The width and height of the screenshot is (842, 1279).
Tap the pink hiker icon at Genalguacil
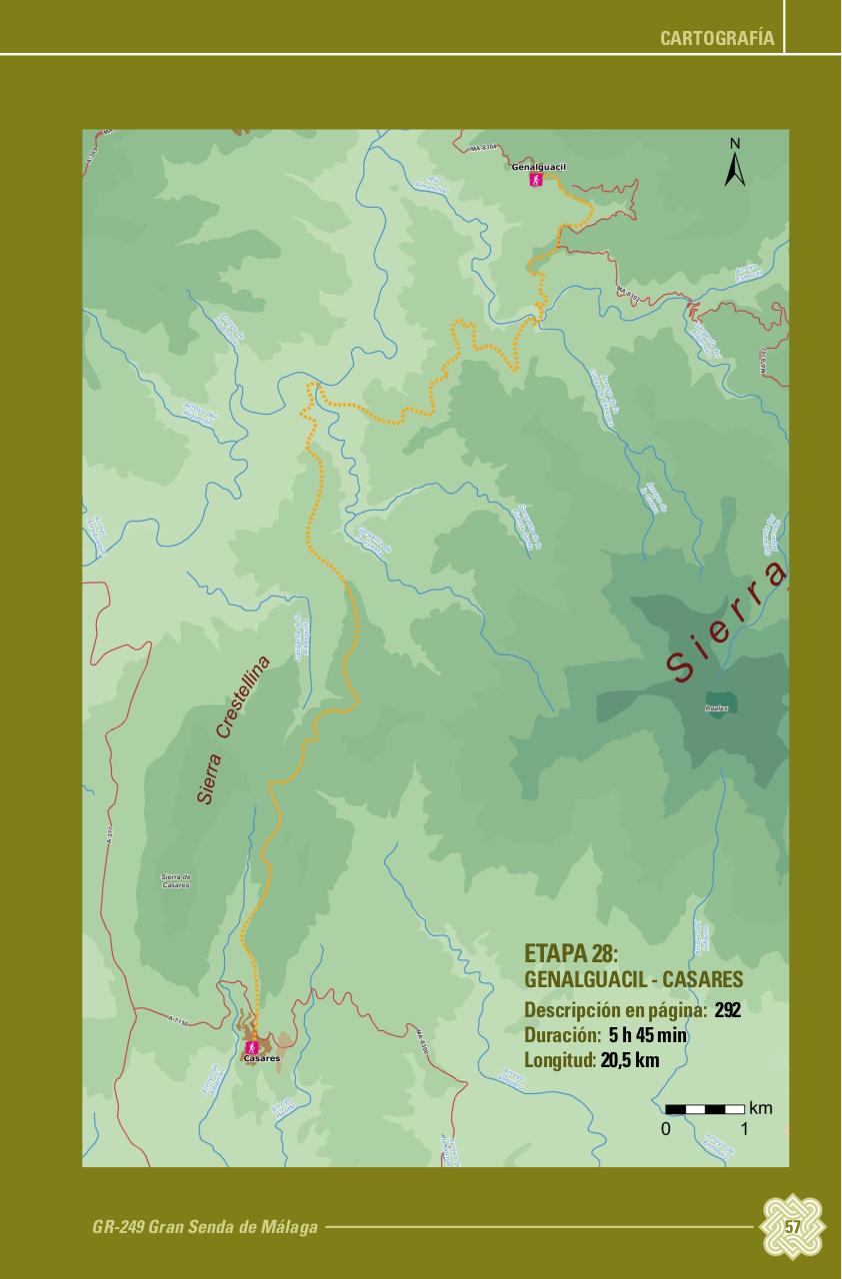[537, 180]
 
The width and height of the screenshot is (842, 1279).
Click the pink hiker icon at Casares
[252, 1046]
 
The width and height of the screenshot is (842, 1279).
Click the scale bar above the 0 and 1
[705, 1109]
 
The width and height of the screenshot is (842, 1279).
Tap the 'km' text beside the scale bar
[760, 1108]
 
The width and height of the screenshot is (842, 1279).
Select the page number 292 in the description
[727, 1009]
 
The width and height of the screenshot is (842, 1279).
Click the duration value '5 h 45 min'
[647, 1035]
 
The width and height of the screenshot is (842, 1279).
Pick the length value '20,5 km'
[630, 1060]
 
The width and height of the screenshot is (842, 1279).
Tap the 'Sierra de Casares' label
[176, 880]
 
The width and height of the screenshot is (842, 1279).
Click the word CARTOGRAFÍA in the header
[717, 38]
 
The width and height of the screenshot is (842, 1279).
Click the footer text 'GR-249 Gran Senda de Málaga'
[205, 1227]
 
